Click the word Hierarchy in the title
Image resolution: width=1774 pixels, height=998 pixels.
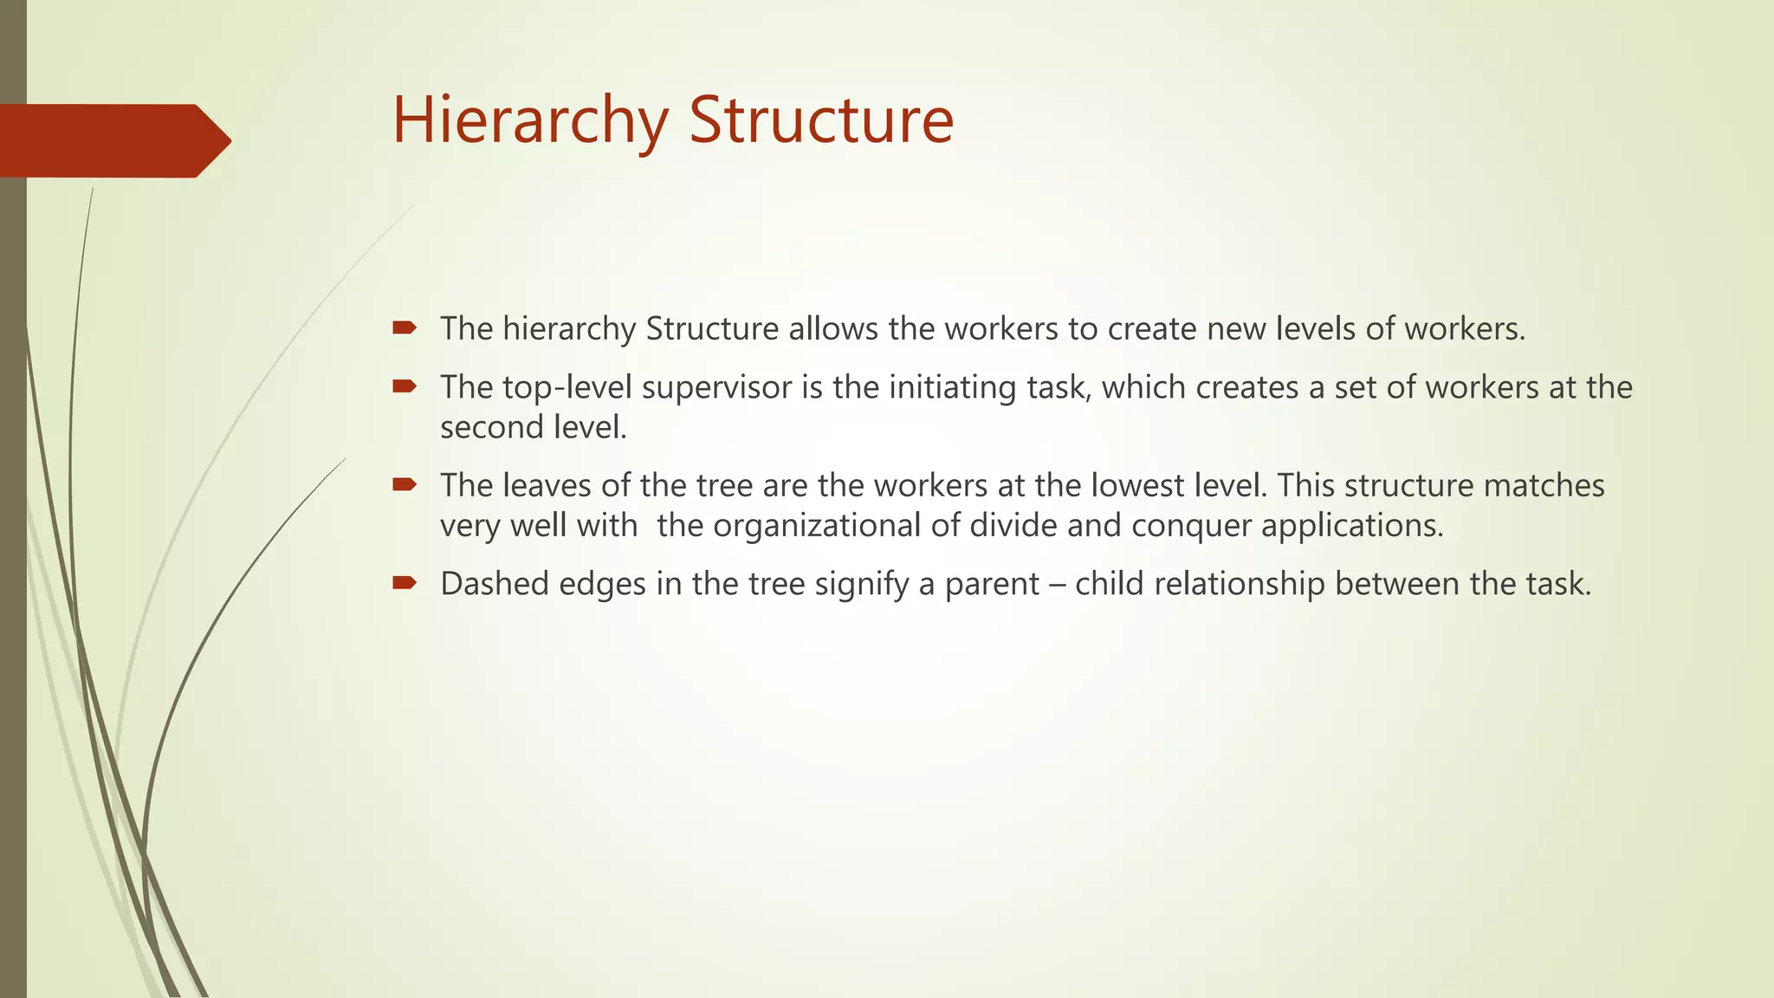point(529,120)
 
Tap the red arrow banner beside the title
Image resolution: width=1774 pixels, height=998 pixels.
point(113,140)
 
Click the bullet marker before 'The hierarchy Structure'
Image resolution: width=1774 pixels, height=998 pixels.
point(405,327)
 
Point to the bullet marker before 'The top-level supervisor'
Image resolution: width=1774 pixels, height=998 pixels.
point(405,386)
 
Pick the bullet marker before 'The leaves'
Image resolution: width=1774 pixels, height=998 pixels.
point(405,484)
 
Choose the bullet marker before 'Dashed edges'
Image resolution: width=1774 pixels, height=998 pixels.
point(405,583)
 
